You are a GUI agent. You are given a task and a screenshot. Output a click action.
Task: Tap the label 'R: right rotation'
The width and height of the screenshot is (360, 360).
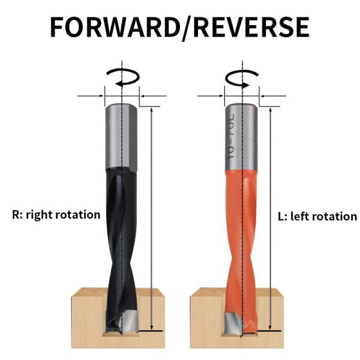(x=56, y=214)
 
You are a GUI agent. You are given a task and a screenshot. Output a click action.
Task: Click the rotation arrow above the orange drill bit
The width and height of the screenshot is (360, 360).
(x=242, y=77)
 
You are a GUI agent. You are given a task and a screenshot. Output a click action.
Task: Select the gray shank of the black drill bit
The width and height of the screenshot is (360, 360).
(x=122, y=135)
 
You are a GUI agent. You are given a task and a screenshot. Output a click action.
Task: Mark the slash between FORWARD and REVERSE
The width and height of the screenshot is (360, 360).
(x=184, y=28)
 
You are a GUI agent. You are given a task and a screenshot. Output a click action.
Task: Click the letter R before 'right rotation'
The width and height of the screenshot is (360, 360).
(x=16, y=214)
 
